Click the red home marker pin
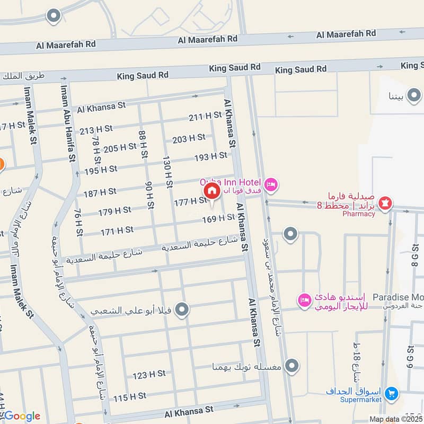coord(211,191)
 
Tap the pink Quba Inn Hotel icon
coord(271,184)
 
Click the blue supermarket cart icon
coord(392,393)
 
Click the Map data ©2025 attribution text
coord(395,419)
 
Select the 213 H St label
coord(96,128)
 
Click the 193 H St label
coord(210,156)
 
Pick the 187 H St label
coord(100,191)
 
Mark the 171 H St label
coord(117,230)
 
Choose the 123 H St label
coord(149,375)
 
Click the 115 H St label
coord(129,396)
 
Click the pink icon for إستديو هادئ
coord(304,300)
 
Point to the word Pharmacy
coord(358,214)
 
